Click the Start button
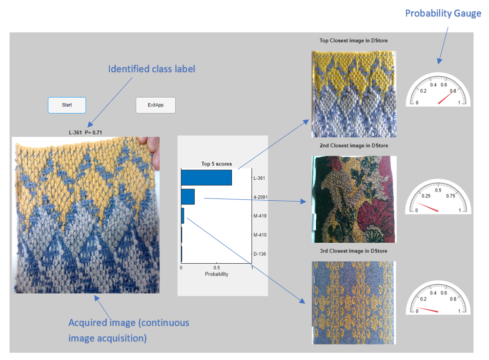coord(67,105)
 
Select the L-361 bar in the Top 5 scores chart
coord(206,177)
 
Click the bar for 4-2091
coord(188,197)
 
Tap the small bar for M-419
coord(183,216)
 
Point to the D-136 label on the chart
coord(260,254)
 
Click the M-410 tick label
coord(260,235)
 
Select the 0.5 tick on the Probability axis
coord(216,268)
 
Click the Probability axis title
coord(216,274)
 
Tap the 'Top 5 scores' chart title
coord(216,164)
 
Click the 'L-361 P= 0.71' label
coord(85,132)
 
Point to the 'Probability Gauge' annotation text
coord(443,13)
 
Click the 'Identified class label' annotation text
coord(152,69)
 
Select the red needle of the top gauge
coord(446,97)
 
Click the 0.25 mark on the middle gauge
coord(426,196)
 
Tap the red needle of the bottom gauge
coord(428,309)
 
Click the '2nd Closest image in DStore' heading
coord(354,146)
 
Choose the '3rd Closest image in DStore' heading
coord(353,251)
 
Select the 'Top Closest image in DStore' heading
coord(353,40)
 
